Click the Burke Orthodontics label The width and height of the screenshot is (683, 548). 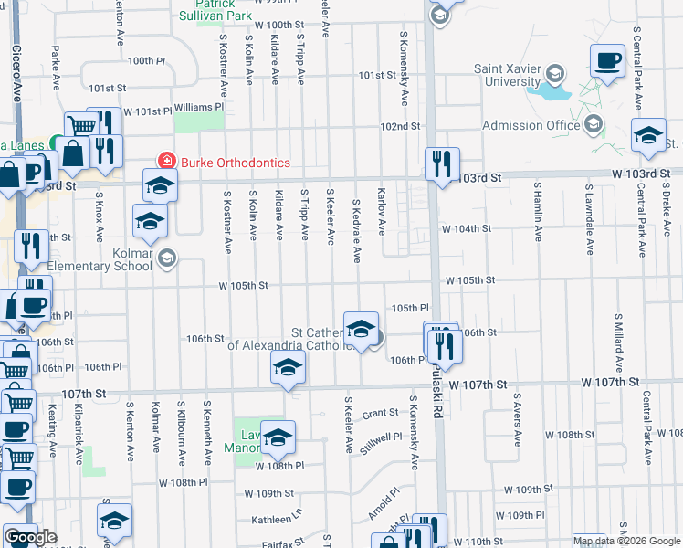235,163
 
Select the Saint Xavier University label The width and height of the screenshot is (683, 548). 508,75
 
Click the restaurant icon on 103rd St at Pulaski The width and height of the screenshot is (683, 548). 442,164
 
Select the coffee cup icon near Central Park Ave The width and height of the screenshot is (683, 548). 607,62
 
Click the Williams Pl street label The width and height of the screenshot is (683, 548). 198,107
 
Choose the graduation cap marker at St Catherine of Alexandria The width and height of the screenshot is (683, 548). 361,328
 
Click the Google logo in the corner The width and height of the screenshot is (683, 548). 30,537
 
